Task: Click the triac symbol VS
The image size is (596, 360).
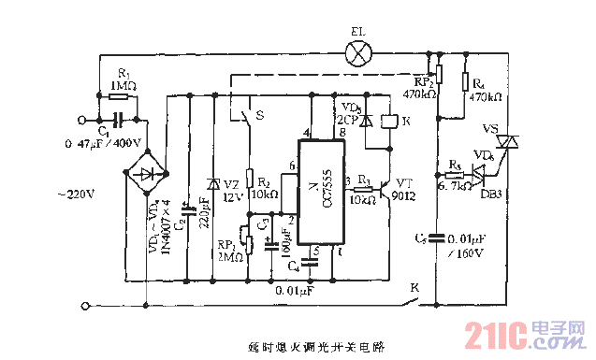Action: (509, 142)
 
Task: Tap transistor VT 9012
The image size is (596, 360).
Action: (385, 186)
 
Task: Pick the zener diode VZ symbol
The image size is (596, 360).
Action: (214, 185)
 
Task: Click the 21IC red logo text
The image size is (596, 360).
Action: (506, 333)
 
